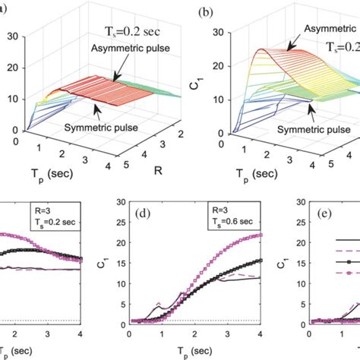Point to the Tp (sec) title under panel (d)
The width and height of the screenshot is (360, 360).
[195, 351]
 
